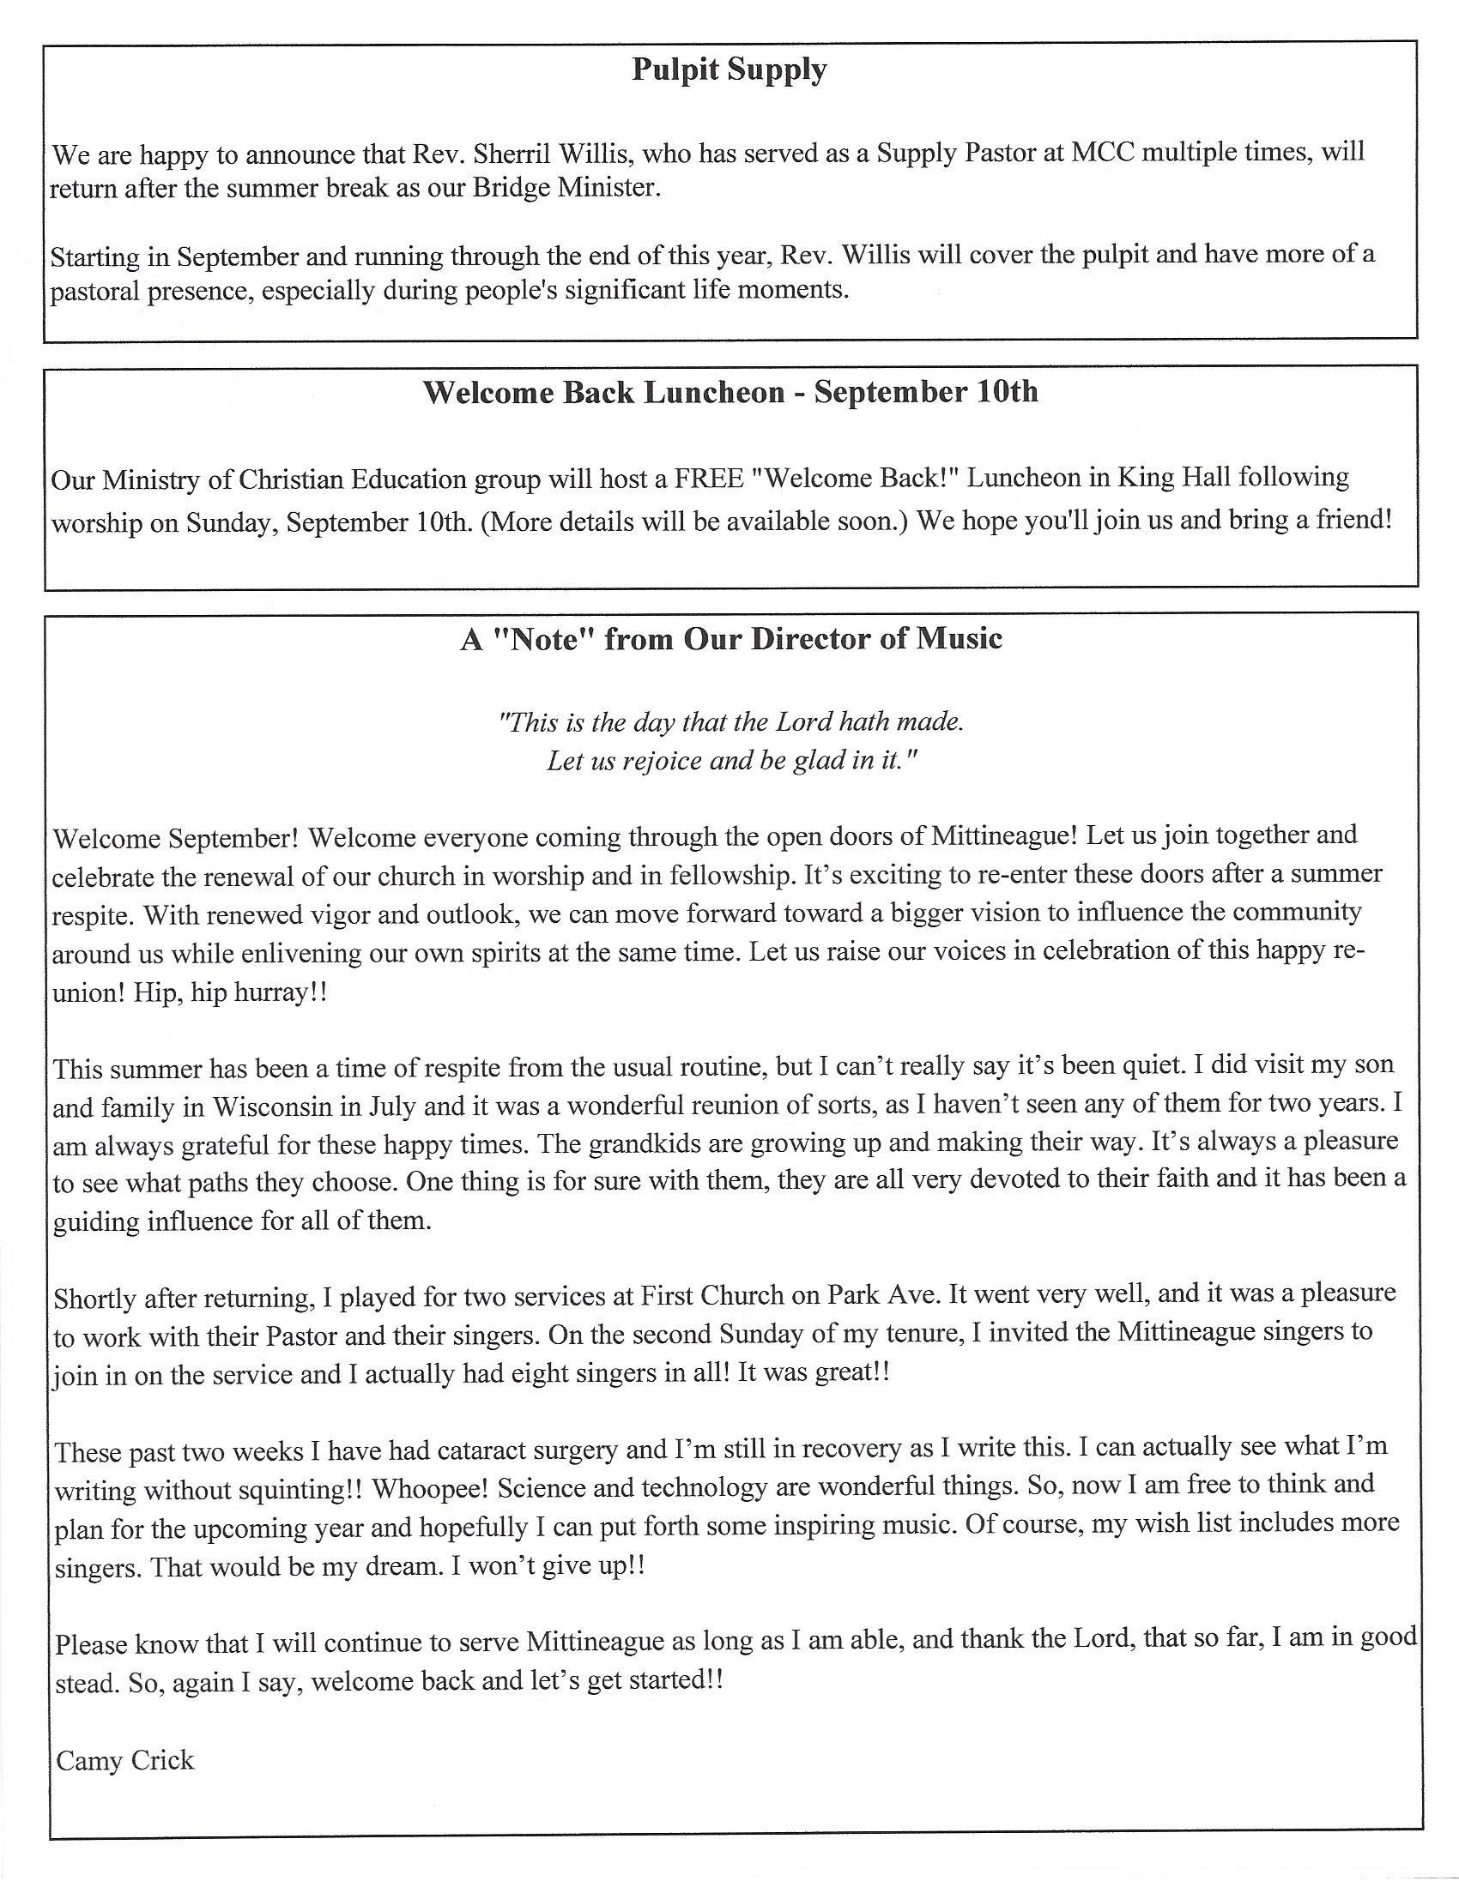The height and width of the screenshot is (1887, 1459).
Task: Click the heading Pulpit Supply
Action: click(729, 69)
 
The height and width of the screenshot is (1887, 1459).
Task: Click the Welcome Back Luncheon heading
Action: click(730, 392)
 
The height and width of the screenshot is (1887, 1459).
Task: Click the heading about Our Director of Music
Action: click(731, 639)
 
